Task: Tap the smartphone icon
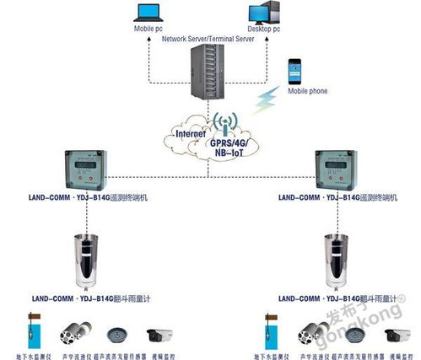click(x=295, y=70)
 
